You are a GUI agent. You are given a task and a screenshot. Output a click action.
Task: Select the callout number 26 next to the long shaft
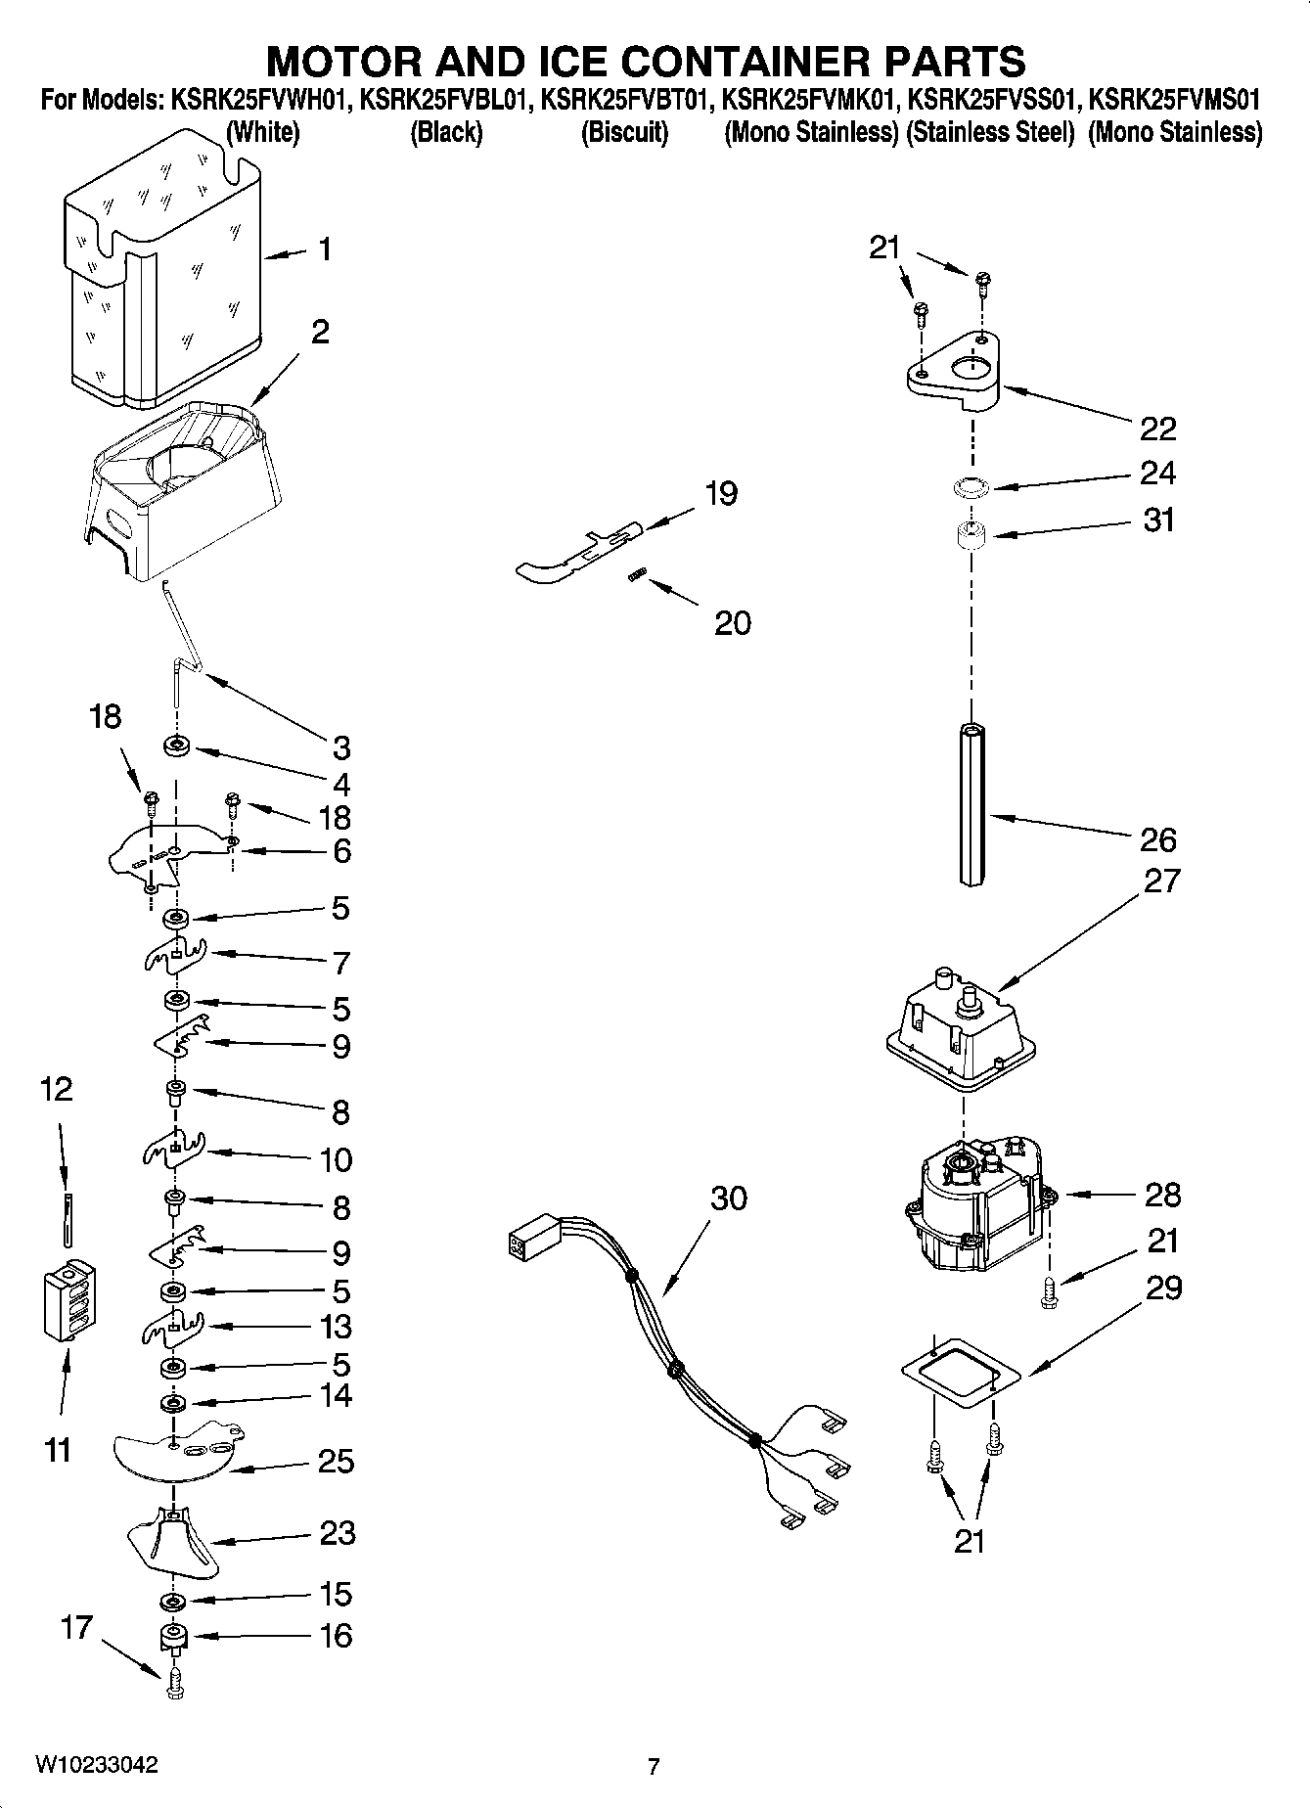pyautogui.click(x=1157, y=839)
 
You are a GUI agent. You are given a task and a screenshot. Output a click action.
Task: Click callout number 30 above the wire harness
pyautogui.click(x=729, y=1198)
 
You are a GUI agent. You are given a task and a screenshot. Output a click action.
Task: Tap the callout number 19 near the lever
pyautogui.click(x=721, y=493)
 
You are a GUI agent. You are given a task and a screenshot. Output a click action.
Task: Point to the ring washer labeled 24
pyautogui.click(x=970, y=486)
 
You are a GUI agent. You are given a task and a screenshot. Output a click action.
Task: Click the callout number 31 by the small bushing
pyautogui.click(x=1159, y=520)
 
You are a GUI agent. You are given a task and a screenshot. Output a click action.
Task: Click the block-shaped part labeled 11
pyautogui.click(x=69, y=1302)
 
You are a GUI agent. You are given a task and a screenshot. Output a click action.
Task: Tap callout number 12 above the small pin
pyautogui.click(x=56, y=1089)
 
